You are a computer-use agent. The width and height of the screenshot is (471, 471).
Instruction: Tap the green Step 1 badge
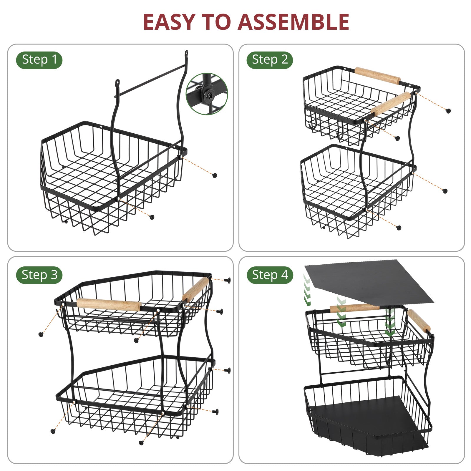click(39, 60)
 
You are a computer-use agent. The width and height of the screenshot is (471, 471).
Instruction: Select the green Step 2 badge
click(270, 60)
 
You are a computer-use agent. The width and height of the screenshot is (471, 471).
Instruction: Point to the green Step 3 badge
click(39, 275)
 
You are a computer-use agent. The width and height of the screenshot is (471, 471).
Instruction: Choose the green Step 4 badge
click(270, 275)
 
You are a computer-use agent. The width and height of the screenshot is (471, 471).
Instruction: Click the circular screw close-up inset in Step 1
click(207, 94)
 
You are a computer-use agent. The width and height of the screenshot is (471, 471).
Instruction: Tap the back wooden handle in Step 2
click(378, 76)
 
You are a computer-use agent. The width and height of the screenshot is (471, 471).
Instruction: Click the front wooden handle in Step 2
click(391, 104)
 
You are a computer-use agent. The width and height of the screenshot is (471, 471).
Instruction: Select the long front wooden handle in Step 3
click(108, 305)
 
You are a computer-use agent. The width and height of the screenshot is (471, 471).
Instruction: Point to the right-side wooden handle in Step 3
click(195, 290)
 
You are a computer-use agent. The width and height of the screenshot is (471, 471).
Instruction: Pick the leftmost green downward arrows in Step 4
click(307, 290)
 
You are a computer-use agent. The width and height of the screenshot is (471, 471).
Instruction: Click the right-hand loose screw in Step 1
click(215, 175)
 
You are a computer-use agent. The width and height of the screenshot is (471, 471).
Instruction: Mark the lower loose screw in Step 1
click(152, 217)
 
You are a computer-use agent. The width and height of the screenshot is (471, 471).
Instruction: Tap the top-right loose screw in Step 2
click(448, 111)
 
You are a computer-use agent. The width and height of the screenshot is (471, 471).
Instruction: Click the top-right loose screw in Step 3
click(228, 280)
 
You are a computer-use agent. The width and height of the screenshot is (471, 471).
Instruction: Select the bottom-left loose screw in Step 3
click(53, 431)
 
